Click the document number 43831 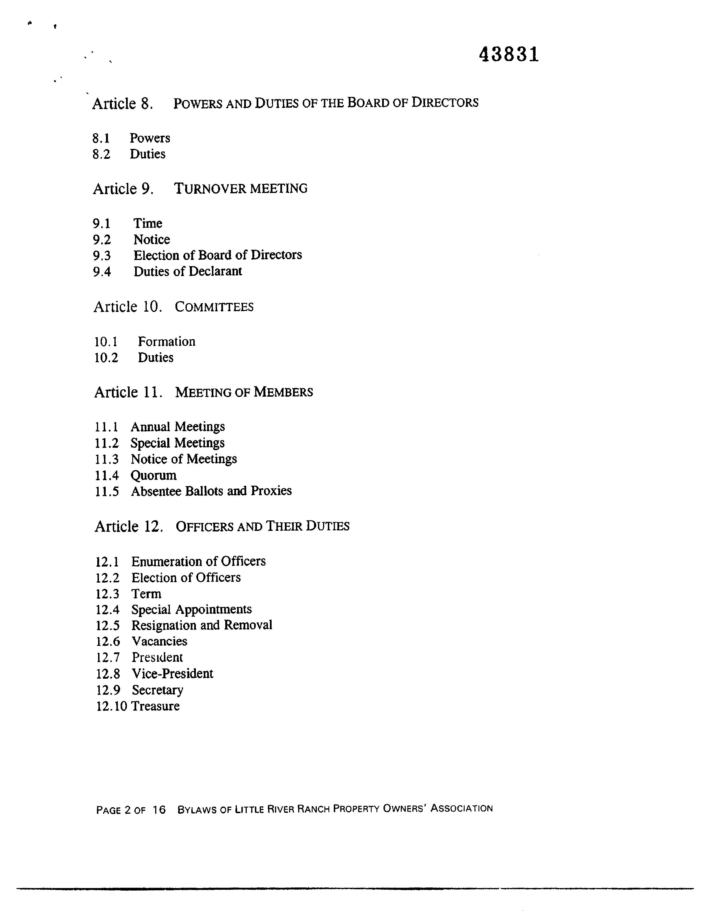[509, 55]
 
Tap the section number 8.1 [101, 138]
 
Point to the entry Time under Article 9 [148, 223]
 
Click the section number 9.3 [102, 256]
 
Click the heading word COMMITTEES [214, 307]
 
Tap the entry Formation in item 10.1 [167, 342]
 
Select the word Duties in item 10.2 [156, 358]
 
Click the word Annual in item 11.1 [150, 427]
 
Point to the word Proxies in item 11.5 [271, 491]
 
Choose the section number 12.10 [112, 706]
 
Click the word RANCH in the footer [314, 809]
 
